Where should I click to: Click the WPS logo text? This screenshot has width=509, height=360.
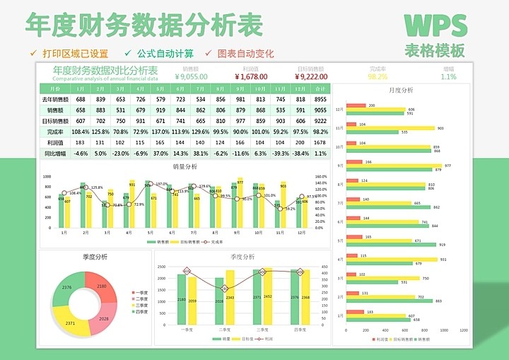pyautogui.click(x=435, y=25)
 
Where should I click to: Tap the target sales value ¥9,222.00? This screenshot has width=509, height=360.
pyautogui.click(x=312, y=76)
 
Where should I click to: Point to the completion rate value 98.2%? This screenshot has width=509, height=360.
pyautogui.click(x=378, y=76)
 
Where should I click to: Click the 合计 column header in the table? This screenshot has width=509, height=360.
pyautogui.click(x=320, y=89)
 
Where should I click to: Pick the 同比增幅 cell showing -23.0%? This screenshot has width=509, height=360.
pyautogui.click(x=121, y=153)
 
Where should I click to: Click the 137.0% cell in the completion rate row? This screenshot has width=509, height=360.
pyautogui.click(x=160, y=132)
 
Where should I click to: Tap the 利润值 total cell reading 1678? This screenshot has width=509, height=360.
pyautogui.click(x=320, y=142)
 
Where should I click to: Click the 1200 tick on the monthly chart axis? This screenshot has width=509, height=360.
pyautogui.click(x=464, y=330)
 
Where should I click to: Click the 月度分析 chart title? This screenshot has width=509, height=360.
pyautogui.click(x=402, y=91)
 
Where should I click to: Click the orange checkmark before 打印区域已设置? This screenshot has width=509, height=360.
pyautogui.click(x=33, y=53)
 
